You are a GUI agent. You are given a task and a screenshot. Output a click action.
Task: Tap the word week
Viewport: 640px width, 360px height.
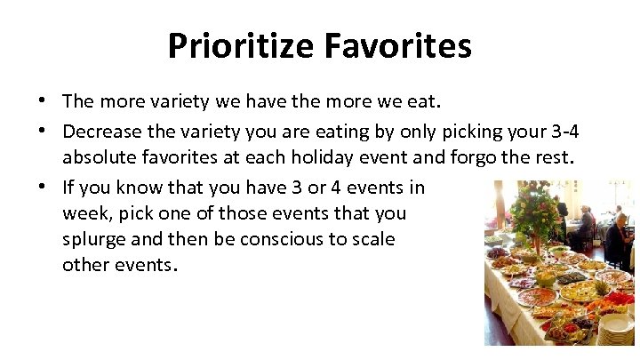(x=84, y=213)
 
